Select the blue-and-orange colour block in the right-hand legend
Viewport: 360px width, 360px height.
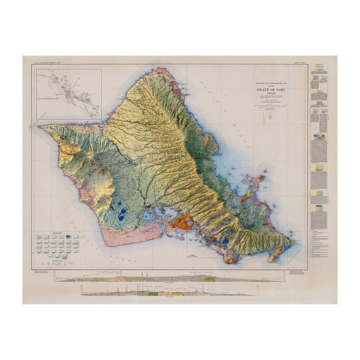[x=321, y=138]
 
